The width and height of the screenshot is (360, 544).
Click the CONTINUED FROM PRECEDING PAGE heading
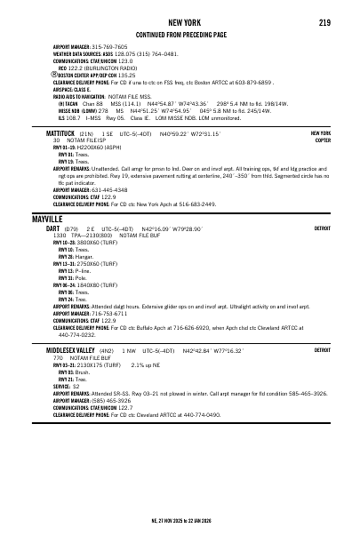[x=180, y=34]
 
